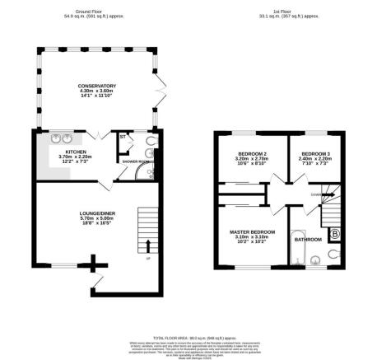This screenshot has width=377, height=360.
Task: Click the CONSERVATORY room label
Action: tap(96, 86)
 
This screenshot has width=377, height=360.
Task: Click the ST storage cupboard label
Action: tap(123, 136)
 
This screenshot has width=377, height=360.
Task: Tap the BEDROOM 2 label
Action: tap(251, 155)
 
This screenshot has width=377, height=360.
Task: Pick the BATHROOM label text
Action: tap(309, 241)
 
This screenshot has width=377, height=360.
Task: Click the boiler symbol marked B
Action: tap(335, 232)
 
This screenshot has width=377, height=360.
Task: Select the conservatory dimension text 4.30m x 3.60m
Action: tap(96, 91)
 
